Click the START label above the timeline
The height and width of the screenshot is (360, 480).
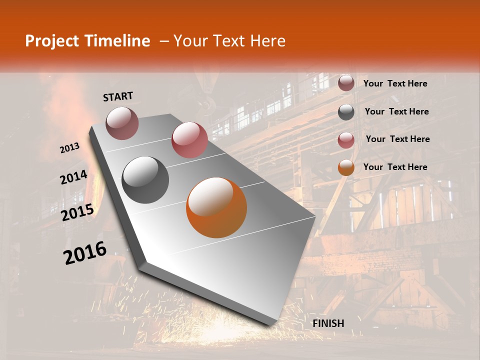coord(118,96)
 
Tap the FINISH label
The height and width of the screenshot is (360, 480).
coord(328,323)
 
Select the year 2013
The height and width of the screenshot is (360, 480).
coord(69,148)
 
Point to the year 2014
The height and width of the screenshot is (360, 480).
coord(73,177)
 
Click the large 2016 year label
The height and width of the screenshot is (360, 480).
coord(85,252)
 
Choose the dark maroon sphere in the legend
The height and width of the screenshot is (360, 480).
coord(346,83)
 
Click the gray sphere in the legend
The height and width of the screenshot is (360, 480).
coord(346,112)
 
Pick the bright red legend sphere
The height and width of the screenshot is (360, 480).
coord(346,140)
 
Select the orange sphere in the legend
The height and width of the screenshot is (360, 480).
coord(346,168)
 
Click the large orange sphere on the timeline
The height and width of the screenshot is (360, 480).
coord(216,207)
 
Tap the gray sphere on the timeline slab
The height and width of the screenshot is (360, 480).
coord(145,180)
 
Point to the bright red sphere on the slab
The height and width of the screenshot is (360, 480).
coord(189,140)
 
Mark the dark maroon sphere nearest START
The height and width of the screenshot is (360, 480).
coord(122,123)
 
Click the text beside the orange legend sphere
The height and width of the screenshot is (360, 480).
coord(395,167)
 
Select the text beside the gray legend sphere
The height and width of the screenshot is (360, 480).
coord(396,111)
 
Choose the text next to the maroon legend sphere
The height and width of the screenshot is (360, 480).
coord(395,83)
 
